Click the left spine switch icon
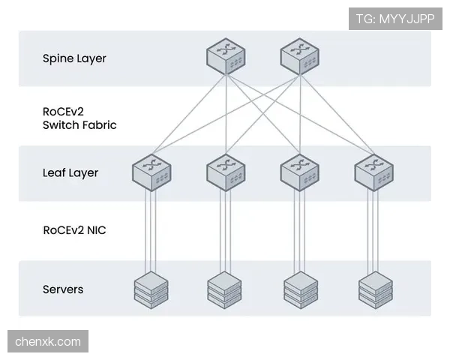tap(226, 56)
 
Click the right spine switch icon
tap(299, 56)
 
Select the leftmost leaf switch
tap(151, 172)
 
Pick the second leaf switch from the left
tap(226, 172)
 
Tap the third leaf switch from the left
tap(299, 172)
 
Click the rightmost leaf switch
tap(374, 172)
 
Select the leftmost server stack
tap(151, 290)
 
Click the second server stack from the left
tap(224, 290)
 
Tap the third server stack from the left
tap(301, 290)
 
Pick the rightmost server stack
tap(376, 290)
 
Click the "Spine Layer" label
tap(74, 58)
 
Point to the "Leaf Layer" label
tap(70, 173)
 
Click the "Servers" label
tap(63, 289)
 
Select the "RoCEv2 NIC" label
tap(74, 230)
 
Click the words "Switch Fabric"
tap(79, 125)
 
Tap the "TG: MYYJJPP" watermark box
tap(395, 19)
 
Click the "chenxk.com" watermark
tap(48, 341)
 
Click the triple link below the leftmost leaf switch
tap(151, 231)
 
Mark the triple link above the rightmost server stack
tap(373, 231)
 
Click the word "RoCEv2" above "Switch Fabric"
tap(63, 112)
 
